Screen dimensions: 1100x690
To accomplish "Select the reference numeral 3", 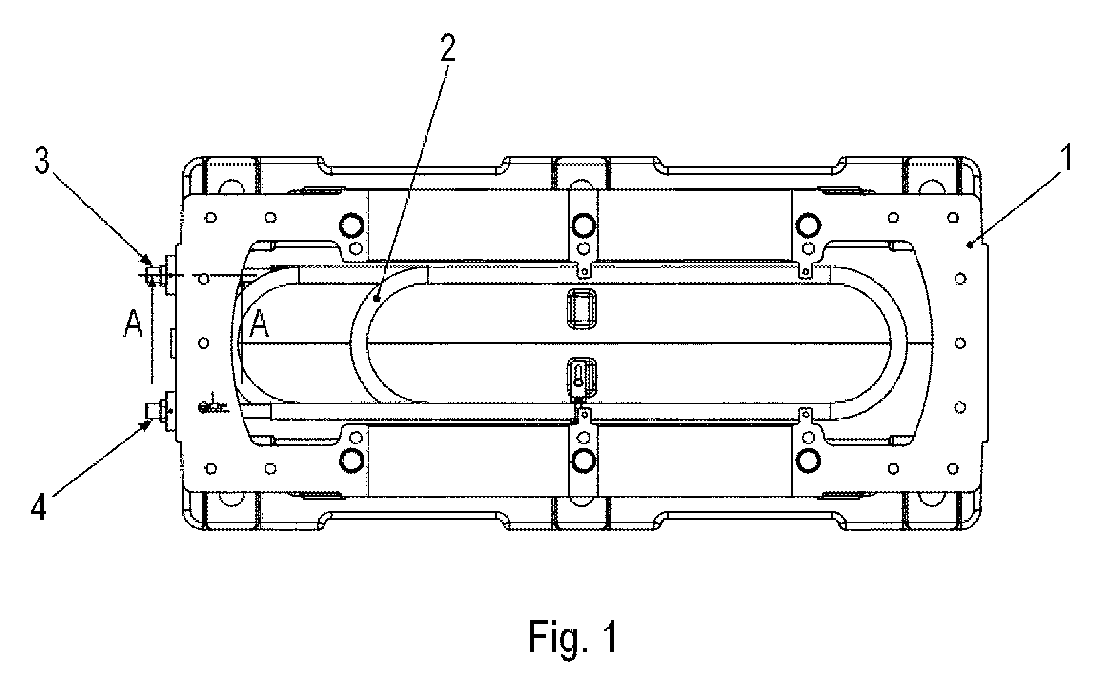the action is [x=42, y=159].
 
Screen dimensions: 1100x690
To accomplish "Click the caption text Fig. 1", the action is [x=573, y=637].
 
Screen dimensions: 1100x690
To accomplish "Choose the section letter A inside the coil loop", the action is [x=259, y=324].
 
